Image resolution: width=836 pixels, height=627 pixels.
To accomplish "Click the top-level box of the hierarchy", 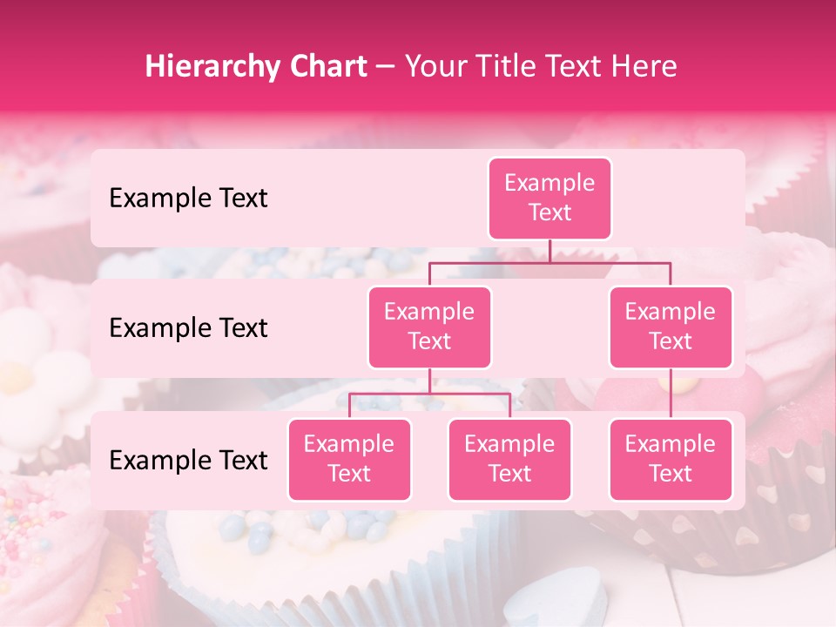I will pyautogui.click(x=549, y=199).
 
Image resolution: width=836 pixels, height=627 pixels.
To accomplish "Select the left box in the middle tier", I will pyautogui.click(x=429, y=327).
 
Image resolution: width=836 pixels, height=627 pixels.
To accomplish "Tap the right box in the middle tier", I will pyautogui.click(x=671, y=327).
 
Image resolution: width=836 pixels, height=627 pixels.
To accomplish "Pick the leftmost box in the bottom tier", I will pyautogui.click(x=349, y=460).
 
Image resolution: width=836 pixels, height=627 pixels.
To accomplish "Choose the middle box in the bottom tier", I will pyautogui.click(x=509, y=460).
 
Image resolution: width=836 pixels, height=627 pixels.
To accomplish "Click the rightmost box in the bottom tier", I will pyautogui.click(x=671, y=460).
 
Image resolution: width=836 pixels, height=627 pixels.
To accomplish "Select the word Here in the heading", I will pyautogui.click(x=644, y=66).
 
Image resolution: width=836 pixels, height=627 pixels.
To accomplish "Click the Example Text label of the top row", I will pyautogui.click(x=188, y=199).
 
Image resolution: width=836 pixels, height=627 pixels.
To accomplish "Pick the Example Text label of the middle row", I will pyautogui.click(x=188, y=328).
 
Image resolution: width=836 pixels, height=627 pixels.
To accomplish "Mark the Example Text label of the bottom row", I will pyautogui.click(x=188, y=461).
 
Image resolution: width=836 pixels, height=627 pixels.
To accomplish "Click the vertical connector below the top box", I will pyautogui.click(x=549, y=251).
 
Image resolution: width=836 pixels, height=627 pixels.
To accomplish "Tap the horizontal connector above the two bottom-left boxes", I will pyautogui.click(x=429, y=394).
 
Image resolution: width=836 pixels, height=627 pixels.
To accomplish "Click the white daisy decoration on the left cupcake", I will pyautogui.click(x=22, y=375).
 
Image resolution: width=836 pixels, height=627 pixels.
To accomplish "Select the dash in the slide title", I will pyautogui.click(x=386, y=67).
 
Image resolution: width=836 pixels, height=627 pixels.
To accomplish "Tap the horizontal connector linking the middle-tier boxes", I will pyautogui.click(x=549, y=262).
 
